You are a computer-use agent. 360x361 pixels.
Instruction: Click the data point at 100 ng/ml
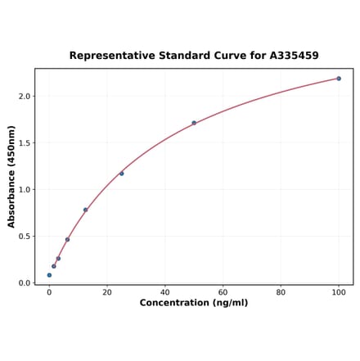[339, 79]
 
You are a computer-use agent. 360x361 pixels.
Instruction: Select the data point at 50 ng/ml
[194, 123]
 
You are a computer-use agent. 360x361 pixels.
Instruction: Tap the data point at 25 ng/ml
[122, 174]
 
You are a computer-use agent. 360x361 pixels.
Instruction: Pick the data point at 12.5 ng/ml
[85, 210]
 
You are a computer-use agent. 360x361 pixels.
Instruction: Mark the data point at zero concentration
[49, 275]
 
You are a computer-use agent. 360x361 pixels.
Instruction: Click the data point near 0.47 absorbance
[67, 239]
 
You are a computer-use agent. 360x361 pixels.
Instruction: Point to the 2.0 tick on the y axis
[24, 97]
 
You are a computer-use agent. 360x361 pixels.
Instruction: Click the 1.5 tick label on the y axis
[24, 143]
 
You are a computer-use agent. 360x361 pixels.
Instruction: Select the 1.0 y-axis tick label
[24, 190]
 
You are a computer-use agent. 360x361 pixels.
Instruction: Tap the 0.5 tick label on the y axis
[24, 237]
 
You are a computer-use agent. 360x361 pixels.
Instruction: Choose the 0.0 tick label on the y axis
[24, 283]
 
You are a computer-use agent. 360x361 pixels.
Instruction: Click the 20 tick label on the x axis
[107, 292]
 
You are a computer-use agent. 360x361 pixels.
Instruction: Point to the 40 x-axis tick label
[165, 292]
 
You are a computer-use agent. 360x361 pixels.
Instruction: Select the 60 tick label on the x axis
[223, 292]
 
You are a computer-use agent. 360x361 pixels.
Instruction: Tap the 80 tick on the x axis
[281, 292]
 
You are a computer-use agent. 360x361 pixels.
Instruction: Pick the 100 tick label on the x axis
[339, 292]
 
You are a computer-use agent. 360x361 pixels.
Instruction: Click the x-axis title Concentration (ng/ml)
[194, 304]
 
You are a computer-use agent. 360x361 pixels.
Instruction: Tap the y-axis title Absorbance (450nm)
[11, 177]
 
